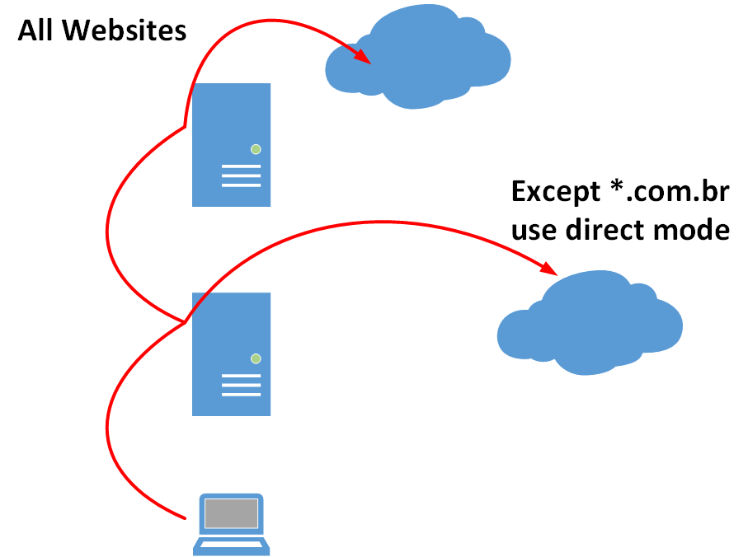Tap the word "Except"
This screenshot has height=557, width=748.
554,193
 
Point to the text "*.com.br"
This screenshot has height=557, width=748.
669,193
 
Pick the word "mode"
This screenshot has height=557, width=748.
694,230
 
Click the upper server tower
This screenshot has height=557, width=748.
231,144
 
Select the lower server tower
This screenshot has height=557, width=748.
231,353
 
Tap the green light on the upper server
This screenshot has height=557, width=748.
256,149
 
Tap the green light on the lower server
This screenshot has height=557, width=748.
256,358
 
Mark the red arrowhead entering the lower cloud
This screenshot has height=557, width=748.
549,268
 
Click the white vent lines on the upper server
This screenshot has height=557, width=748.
241,176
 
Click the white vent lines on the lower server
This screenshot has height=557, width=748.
241,385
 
